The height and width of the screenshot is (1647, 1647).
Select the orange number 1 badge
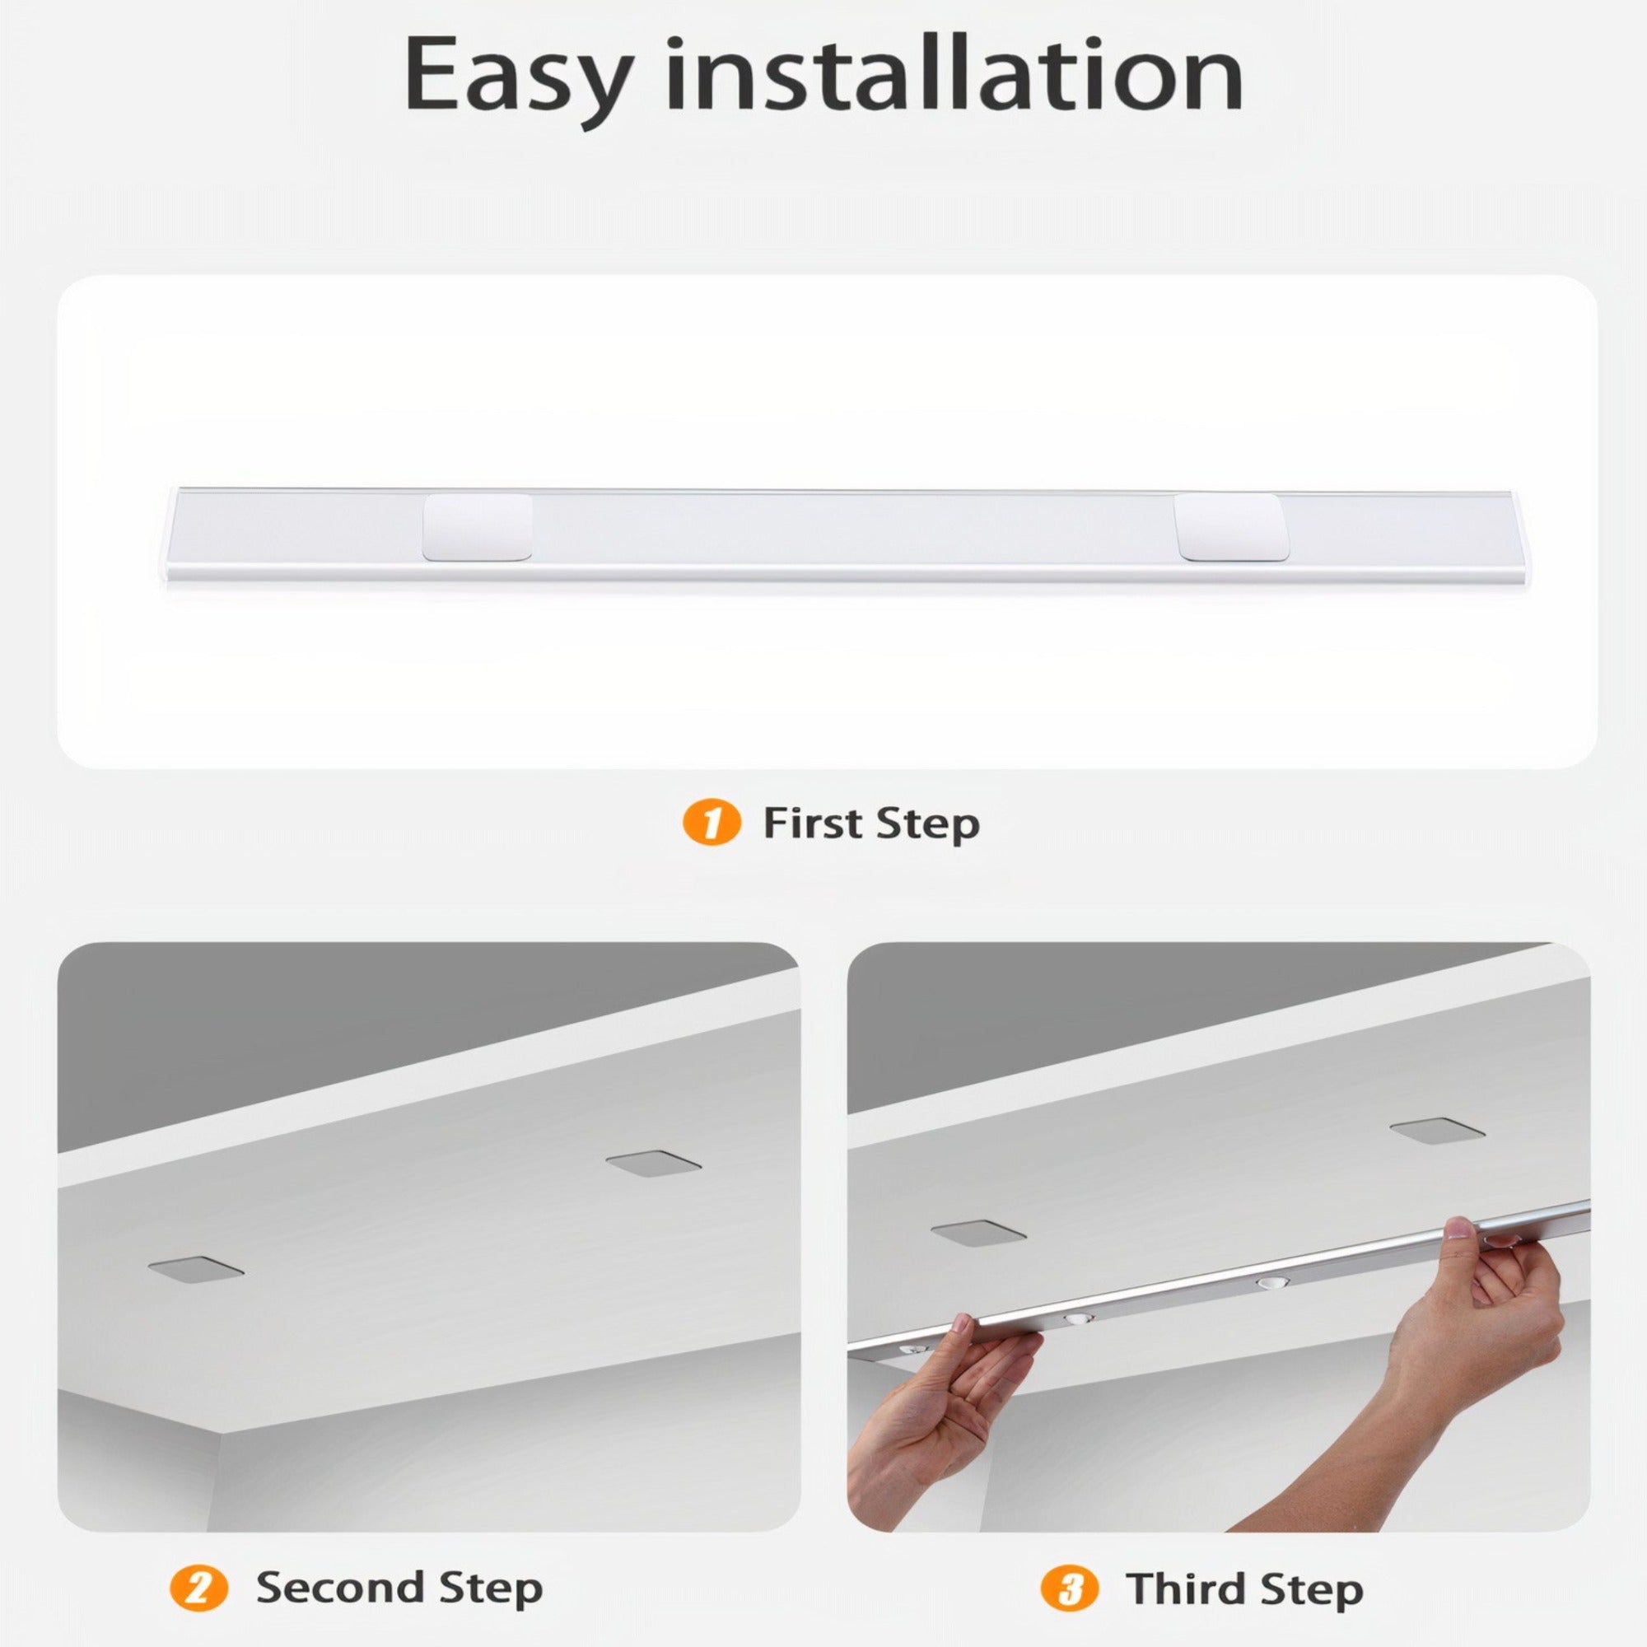click(711, 823)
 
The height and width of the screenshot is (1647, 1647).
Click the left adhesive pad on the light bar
click(478, 527)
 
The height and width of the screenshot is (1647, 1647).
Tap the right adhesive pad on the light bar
click(1231, 527)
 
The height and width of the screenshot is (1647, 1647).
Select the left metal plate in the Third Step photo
click(977, 1232)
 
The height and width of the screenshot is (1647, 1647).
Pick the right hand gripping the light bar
click(1500, 1304)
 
